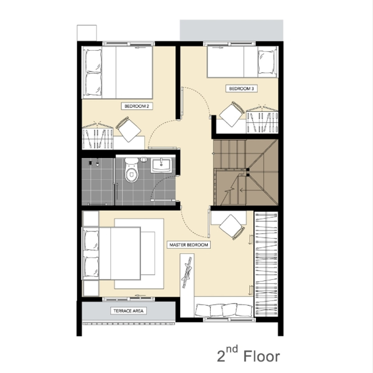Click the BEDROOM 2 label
tap(137, 106)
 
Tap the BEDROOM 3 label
tap(241, 89)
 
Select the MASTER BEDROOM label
tap(189, 245)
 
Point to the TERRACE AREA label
tap(128, 311)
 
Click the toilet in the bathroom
tap(131, 170)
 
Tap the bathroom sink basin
tap(161, 166)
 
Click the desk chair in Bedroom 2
tap(128, 129)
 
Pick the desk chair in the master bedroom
tap(232, 227)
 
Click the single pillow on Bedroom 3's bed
tap(267, 62)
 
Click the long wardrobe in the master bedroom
tap(266, 264)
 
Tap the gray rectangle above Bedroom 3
tap(232, 30)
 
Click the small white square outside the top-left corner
tap(87, 33)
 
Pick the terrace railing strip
tap(128, 324)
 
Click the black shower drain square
tap(90, 163)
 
